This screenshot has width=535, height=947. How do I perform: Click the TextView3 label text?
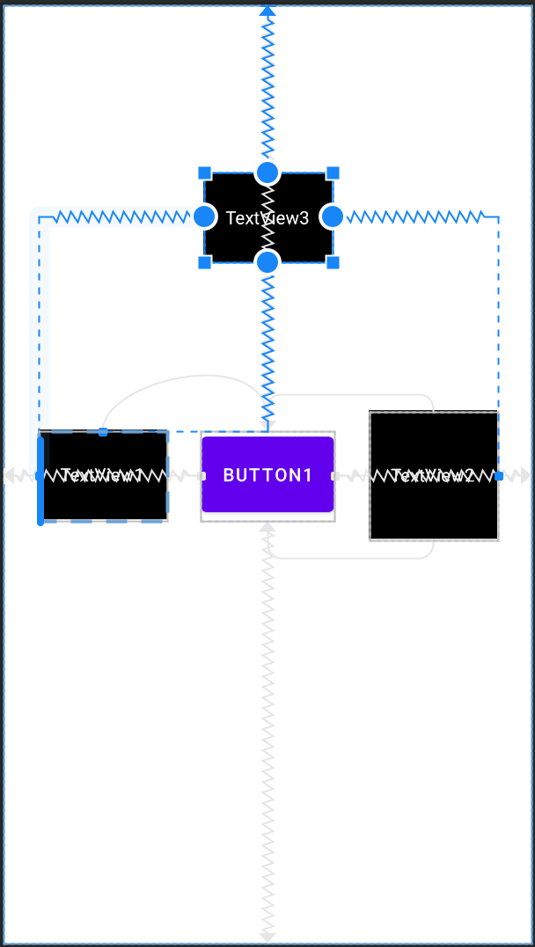(267, 218)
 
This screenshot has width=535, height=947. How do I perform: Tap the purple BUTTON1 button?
(267, 475)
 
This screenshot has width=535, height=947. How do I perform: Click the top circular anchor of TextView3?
(267, 172)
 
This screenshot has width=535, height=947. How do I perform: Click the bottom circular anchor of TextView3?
(267, 261)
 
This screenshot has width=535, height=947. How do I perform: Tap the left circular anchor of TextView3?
(204, 217)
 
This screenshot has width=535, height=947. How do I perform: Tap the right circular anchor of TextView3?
(332, 217)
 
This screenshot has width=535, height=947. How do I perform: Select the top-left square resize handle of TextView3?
(204, 173)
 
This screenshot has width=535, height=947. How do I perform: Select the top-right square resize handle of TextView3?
(333, 173)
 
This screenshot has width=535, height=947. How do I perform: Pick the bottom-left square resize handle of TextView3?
(204, 262)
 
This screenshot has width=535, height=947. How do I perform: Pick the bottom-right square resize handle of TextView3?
(333, 262)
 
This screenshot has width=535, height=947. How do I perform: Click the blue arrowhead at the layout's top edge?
(267, 10)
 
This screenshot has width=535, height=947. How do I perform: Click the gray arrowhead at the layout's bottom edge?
(267, 936)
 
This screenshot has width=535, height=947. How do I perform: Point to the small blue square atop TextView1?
(103, 431)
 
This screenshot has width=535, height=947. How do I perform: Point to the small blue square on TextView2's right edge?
(499, 475)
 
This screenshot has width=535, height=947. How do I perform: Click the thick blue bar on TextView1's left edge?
(40, 480)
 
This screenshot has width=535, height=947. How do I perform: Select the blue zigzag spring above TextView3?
(267, 88)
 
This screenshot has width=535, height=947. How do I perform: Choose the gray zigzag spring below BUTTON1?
(267, 730)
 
